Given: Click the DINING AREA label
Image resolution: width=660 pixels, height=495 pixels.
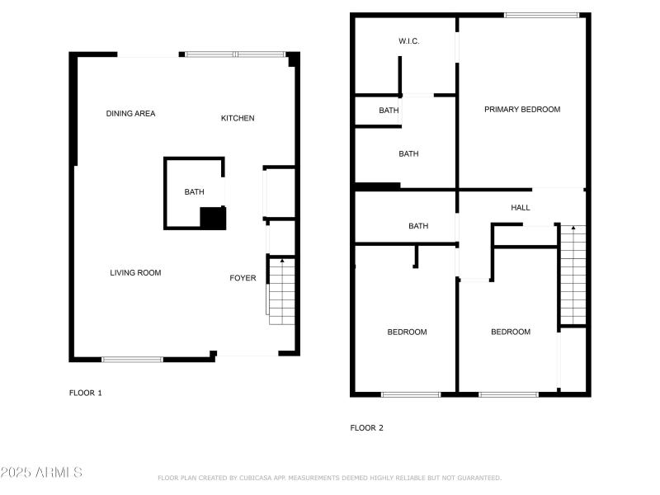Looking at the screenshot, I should point(130,114).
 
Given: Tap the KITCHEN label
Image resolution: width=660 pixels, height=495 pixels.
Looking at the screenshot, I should point(238,118).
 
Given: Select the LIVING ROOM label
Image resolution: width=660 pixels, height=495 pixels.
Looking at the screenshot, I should point(135,273).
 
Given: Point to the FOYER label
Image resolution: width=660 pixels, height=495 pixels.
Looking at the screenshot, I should point(243,278).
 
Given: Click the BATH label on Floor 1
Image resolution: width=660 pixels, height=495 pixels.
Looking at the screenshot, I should point(194,192).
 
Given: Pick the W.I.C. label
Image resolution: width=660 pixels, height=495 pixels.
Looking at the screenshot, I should point(409,41).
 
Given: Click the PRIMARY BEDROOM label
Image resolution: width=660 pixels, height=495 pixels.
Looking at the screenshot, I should point(522,109).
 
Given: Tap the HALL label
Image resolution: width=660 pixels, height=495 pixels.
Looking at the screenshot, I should point(521,208).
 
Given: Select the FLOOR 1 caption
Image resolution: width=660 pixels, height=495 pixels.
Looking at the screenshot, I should point(85,393).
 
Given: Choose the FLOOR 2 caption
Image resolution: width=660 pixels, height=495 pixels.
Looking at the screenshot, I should point(367,427).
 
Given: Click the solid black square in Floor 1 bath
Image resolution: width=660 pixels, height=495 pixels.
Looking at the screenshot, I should point(213,219).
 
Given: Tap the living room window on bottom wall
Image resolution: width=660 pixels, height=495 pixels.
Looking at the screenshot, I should point(132,359).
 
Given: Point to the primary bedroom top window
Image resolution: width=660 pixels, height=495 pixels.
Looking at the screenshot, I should point(541,15).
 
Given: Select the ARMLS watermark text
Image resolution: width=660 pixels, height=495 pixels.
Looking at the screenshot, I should point(41,473).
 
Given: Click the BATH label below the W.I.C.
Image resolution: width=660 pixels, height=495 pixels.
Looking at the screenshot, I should point(389,111).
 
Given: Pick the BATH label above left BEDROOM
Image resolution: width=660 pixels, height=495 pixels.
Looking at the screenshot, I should point(418,226).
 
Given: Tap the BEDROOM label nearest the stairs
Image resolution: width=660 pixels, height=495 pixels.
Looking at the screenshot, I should point(511,332).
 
